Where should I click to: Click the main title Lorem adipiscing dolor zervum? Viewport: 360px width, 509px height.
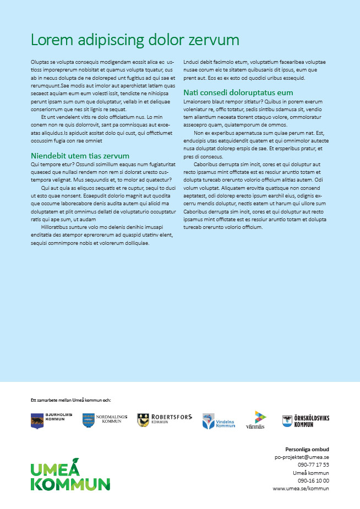(x=135, y=40)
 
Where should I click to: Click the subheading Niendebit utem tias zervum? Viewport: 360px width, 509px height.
(x=80, y=156)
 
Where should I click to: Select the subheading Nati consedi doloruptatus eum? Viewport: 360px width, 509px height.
(x=238, y=92)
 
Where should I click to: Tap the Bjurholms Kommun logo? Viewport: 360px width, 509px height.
(x=47, y=420)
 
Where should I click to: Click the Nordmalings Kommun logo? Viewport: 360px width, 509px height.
(x=105, y=420)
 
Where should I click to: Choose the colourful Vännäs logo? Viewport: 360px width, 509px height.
(x=255, y=420)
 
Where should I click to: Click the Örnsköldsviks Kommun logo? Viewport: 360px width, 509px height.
(x=306, y=421)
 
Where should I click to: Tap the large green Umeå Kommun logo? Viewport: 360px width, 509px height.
(x=70, y=477)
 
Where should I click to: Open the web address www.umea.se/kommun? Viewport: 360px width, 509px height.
(x=301, y=488)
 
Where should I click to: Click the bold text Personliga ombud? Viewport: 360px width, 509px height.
(x=307, y=449)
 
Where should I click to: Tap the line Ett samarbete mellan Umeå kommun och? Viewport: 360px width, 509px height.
(x=71, y=401)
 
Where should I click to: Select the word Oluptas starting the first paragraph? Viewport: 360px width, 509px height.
(x=39, y=63)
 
